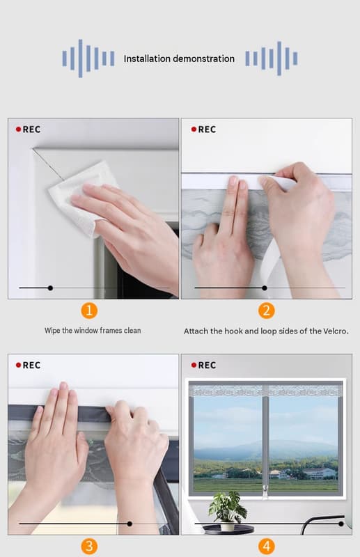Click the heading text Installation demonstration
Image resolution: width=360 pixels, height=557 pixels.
[179, 58]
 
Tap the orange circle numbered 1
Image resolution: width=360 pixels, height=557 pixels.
[89, 311]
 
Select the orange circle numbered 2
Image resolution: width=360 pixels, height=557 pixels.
[266, 311]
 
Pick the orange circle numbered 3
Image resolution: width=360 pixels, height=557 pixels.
[89, 546]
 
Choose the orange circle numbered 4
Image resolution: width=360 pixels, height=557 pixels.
[266, 546]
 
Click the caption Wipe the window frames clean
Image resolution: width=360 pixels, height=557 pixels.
[93, 331]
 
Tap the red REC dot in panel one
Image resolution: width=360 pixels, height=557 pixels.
[19, 130]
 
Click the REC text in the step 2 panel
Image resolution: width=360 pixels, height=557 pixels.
[207, 130]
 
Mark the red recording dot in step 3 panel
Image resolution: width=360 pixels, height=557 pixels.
[19, 365]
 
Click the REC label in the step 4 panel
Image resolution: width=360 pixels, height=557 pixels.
[207, 365]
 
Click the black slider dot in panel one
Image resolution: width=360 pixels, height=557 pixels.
[50, 288]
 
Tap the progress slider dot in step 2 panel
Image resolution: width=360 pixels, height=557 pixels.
[265, 288]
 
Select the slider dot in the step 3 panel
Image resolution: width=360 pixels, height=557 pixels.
[130, 524]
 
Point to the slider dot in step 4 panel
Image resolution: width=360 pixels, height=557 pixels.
[341, 524]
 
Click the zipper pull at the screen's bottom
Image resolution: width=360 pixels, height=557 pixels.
[265, 493]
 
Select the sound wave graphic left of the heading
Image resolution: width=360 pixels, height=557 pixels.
[88, 58]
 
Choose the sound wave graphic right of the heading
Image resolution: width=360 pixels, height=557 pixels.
[271, 58]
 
